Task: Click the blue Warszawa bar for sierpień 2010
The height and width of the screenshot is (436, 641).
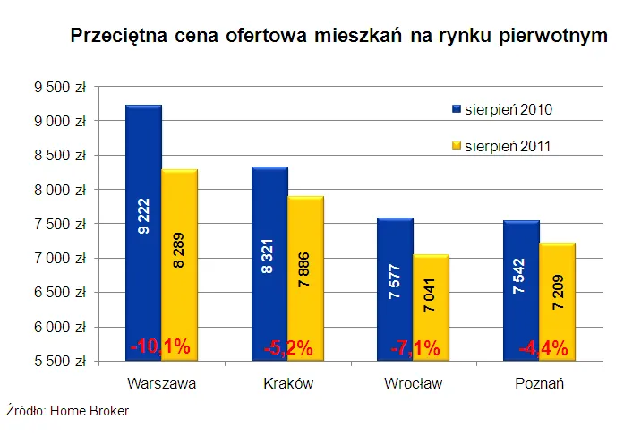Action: pyautogui.click(x=143, y=233)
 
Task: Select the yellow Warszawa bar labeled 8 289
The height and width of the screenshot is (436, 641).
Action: pyautogui.click(x=179, y=264)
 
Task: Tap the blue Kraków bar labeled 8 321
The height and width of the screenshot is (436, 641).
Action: pyautogui.click(x=269, y=264)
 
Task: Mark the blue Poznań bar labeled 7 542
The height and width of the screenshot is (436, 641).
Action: pyautogui.click(x=520, y=288)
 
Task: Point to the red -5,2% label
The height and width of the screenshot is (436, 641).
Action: pyautogui.click(x=287, y=348)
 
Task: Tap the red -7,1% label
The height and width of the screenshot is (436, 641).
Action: pyautogui.click(x=415, y=348)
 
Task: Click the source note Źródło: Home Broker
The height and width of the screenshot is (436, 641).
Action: pyautogui.click(x=67, y=411)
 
